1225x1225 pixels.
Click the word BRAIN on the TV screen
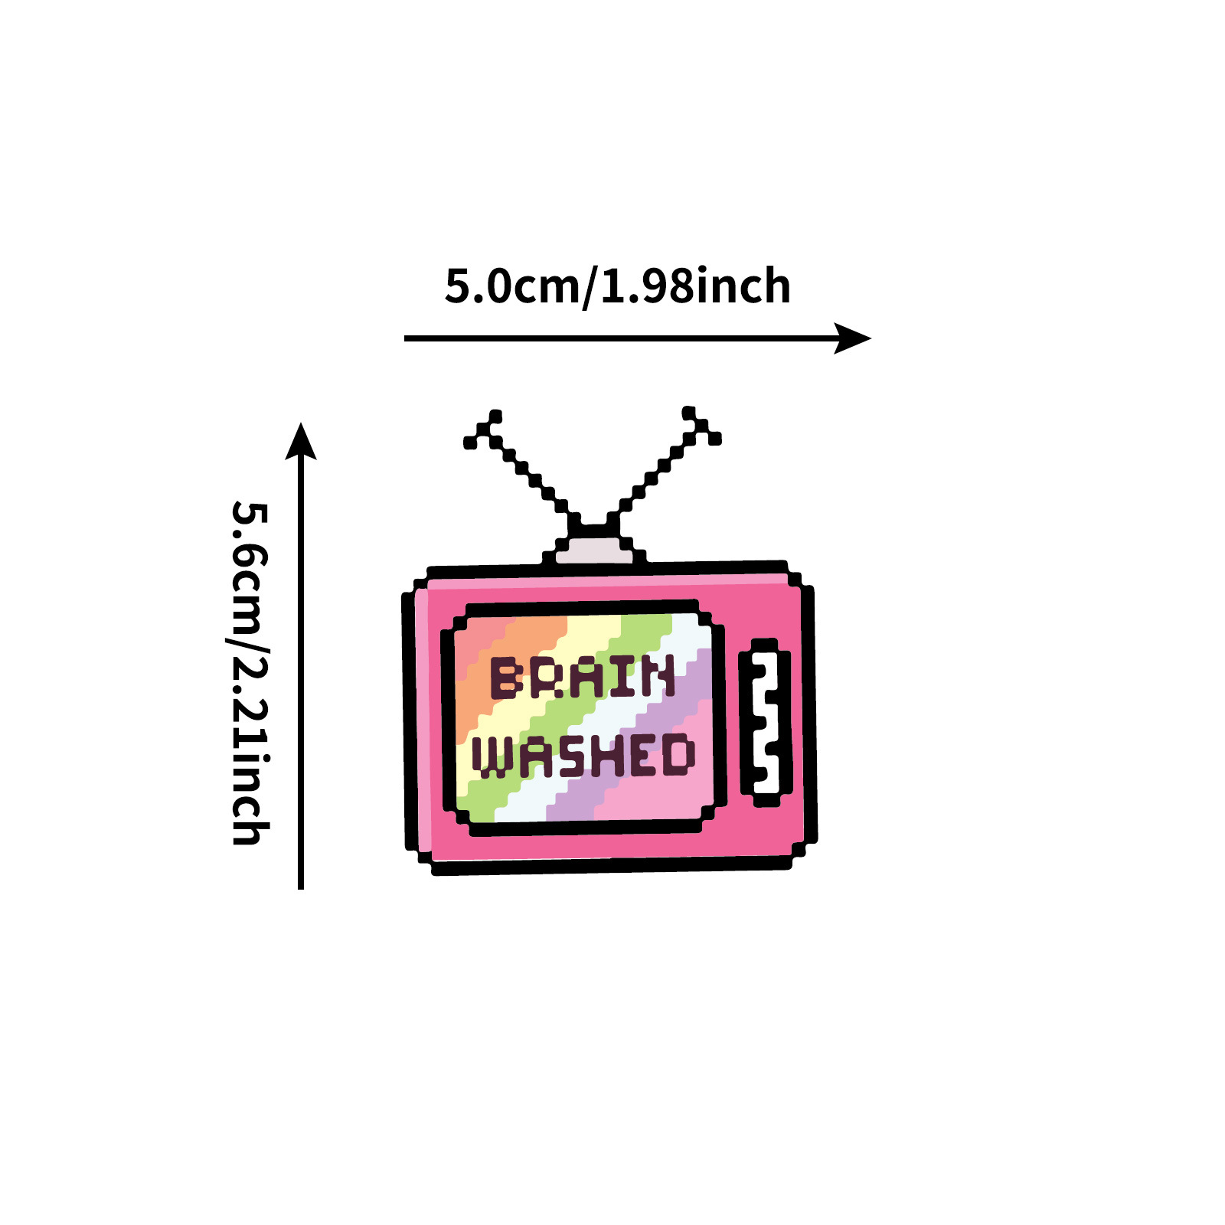click(583, 677)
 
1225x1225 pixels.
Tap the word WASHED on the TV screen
click(583, 756)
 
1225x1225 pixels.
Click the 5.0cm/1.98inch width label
click(617, 286)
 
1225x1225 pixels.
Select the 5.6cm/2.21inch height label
click(250, 672)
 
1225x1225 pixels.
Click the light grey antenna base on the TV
click(594, 550)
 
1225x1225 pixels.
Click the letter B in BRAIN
click(505, 678)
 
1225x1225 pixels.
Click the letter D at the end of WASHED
click(678, 754)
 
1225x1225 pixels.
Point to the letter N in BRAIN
click(659, 676)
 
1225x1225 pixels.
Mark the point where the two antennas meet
click(594, 527)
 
